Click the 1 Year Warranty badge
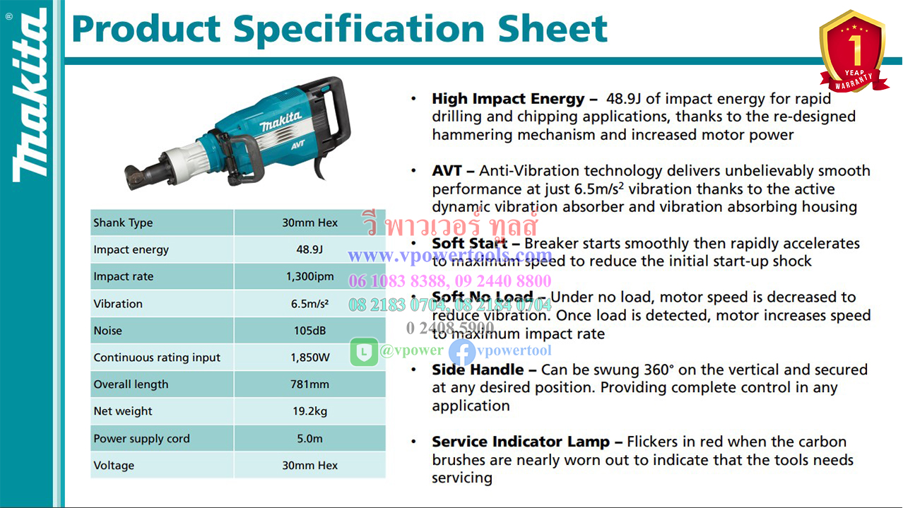[852, 51]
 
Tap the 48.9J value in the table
[309, 249]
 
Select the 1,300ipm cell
[309, 276]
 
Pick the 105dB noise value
[309, 331]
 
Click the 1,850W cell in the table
[309, 358]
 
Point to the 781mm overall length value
[309, 384]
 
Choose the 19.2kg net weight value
[309, 411]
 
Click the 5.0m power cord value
[309, 439]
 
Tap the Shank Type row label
[123, 223]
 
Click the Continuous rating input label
[157, 358]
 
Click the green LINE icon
[364, 351]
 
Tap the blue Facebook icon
[462, 351]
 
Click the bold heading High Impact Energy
[508, 99]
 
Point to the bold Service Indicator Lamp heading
[521, 442]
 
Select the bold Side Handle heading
[478, 370]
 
